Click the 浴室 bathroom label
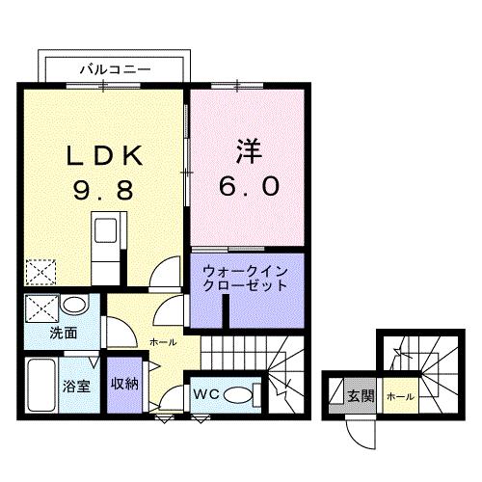point(78,384)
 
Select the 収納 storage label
point(123,384)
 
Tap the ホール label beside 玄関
point(397,395)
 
